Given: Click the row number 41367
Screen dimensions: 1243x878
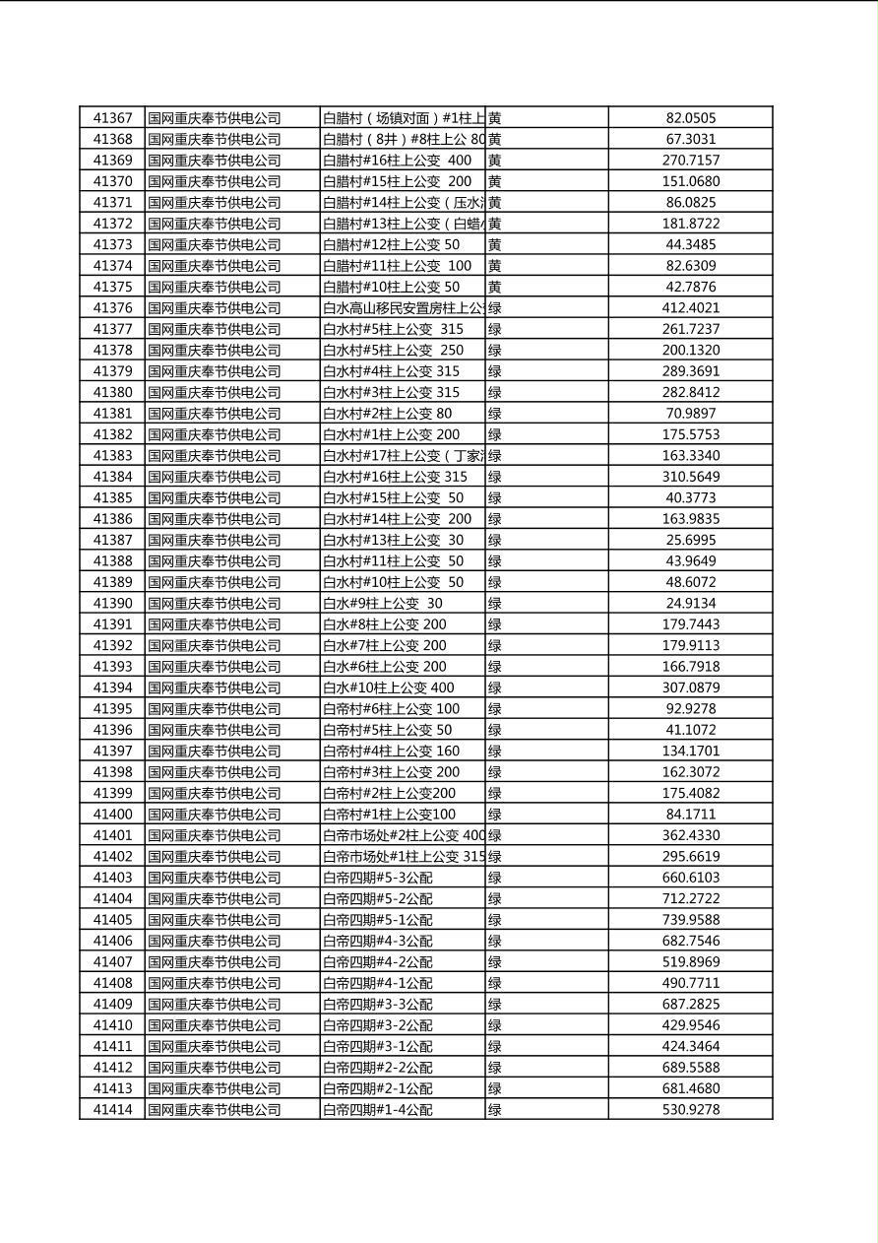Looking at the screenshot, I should [112, 118].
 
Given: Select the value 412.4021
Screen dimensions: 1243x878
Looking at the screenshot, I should [690, 308].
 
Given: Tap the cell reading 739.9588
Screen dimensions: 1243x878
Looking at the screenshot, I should [690, 920].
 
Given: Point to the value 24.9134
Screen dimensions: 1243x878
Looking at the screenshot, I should [690, 604].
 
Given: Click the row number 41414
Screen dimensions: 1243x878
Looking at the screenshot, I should [112, 1110].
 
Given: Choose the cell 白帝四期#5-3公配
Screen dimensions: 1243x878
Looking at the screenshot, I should [378, 878].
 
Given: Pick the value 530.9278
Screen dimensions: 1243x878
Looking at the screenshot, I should [690, 1110].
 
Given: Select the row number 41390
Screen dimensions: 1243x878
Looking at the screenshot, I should [112, 604].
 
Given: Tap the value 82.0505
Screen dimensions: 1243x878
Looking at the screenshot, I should [690, 118].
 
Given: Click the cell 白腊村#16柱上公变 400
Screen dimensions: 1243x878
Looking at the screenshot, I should [398, 161].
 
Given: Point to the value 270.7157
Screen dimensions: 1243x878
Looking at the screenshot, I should [690, 161].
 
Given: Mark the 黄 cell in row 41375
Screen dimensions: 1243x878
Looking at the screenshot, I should [495, 287].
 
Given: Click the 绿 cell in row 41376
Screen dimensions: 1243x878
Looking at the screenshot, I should [495, 308].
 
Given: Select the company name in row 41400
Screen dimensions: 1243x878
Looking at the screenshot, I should [215, 815].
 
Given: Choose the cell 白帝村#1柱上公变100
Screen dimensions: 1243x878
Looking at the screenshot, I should [390, 815].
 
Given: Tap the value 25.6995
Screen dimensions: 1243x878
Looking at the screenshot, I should [690, 540].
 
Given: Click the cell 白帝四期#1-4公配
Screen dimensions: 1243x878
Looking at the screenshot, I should [378, 1110].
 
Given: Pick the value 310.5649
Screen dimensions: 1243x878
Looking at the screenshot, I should [690, 477].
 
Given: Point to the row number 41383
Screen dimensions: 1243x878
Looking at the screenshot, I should [112, 456].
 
